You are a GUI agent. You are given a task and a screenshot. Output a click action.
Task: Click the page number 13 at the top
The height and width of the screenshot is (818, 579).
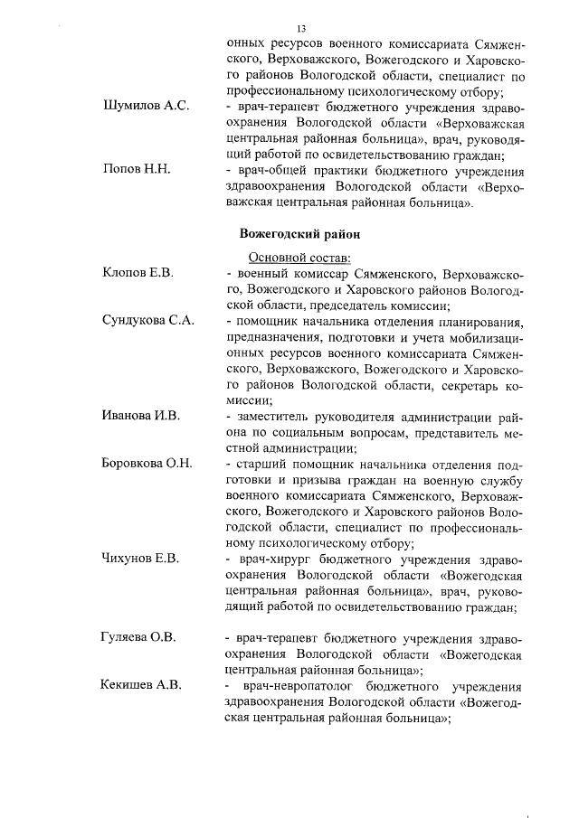pos(301,28)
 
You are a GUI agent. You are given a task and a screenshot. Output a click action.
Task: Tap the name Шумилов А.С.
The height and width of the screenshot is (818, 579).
pos(146,107)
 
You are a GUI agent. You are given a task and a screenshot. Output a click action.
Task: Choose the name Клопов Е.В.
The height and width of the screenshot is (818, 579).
pos(138,272)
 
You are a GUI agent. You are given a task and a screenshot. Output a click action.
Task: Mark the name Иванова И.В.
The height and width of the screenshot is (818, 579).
pos(142,416)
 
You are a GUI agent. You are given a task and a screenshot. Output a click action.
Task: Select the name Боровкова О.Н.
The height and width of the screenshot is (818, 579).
pos(147,465)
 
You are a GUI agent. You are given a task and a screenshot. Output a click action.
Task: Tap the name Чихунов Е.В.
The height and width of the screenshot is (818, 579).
pos(141,559)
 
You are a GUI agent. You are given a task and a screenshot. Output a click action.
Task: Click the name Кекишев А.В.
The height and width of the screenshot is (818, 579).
pos(141,685)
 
